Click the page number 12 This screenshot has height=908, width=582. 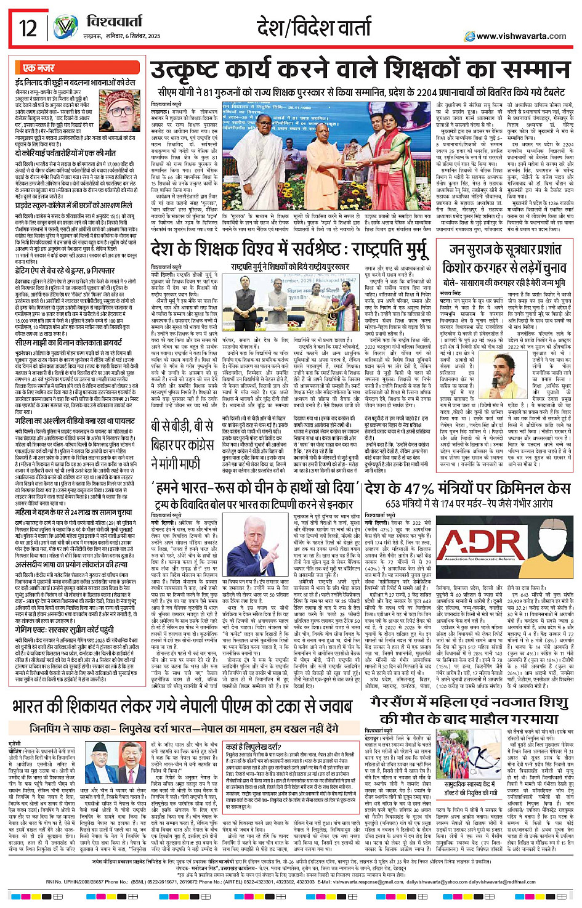(x=28, y=28)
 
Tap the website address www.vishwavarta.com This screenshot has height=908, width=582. (x=520, y=36)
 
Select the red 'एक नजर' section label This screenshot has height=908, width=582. (x=38, y=68)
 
